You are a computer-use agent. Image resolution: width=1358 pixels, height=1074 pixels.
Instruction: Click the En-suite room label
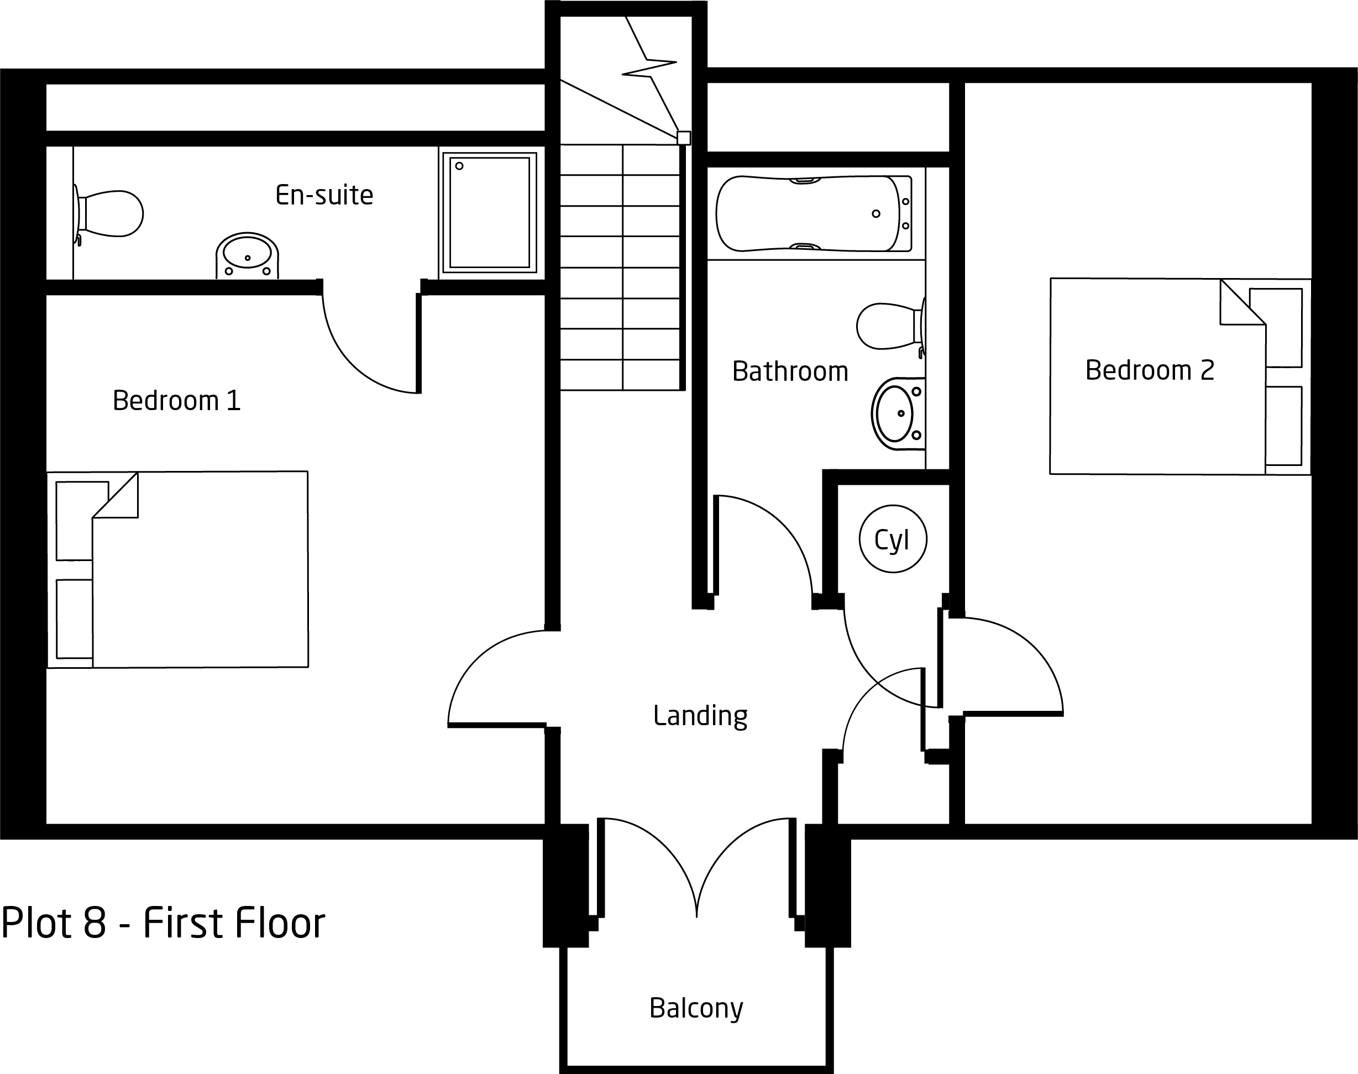pyautogui.click(x=324, y=195)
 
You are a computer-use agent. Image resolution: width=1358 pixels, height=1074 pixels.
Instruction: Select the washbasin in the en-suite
pyautogui.click(x=247, y=255)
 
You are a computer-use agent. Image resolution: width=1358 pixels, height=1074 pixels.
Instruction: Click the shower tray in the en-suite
pyautogui.click(x=490, y=213)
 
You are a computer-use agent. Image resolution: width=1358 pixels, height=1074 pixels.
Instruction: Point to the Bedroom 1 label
pyautogui.click(x=177, y=401)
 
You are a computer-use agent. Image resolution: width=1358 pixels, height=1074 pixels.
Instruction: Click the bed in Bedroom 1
pyautogui.click(x=178, y=569)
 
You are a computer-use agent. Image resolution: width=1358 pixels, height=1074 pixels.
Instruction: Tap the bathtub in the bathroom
pyautogui.click(x=814, y=214)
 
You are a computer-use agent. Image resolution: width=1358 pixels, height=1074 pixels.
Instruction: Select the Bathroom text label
pyautogui.click(x=790, y=371)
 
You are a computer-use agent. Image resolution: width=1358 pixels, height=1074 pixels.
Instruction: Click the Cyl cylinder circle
pyautogui.click(x=893, y=539)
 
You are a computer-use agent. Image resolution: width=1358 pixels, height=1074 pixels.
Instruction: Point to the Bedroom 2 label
pyautogui.click(x=1149, y=370)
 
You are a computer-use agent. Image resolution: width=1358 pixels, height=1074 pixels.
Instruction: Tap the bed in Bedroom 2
pyautogui.click(x=1180, y=376)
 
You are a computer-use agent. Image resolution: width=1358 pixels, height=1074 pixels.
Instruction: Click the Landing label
pyautogui.click(x=700, y=716)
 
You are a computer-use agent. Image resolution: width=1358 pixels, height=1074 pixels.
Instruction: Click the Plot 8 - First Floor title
pyautogui.click(x=163, y=923)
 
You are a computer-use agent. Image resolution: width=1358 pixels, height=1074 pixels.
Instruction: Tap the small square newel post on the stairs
pyautogui.click(x=683, y=138)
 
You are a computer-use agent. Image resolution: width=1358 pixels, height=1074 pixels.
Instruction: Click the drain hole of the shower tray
pyautogui.click(x=460, y=166)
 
